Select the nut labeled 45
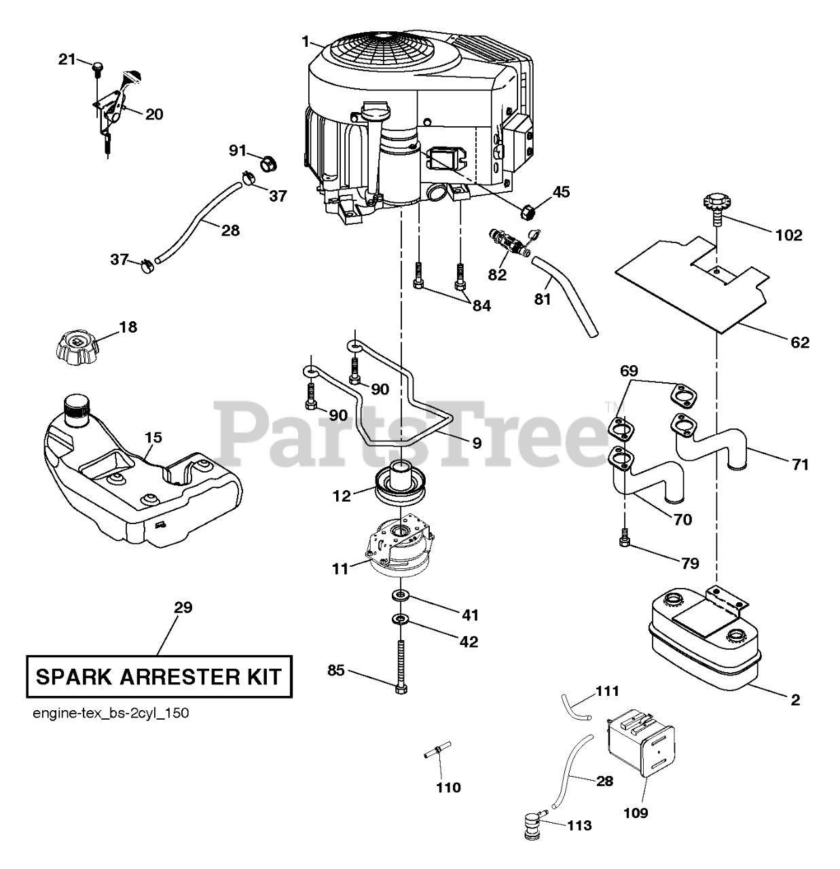528,211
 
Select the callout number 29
183,607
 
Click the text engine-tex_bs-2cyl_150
110,714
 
